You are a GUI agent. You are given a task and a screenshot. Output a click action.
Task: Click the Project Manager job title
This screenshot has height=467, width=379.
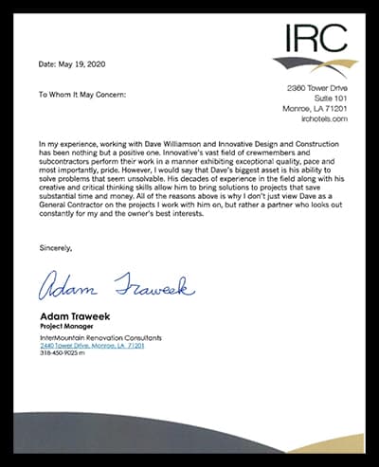click(x=66, y=326)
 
